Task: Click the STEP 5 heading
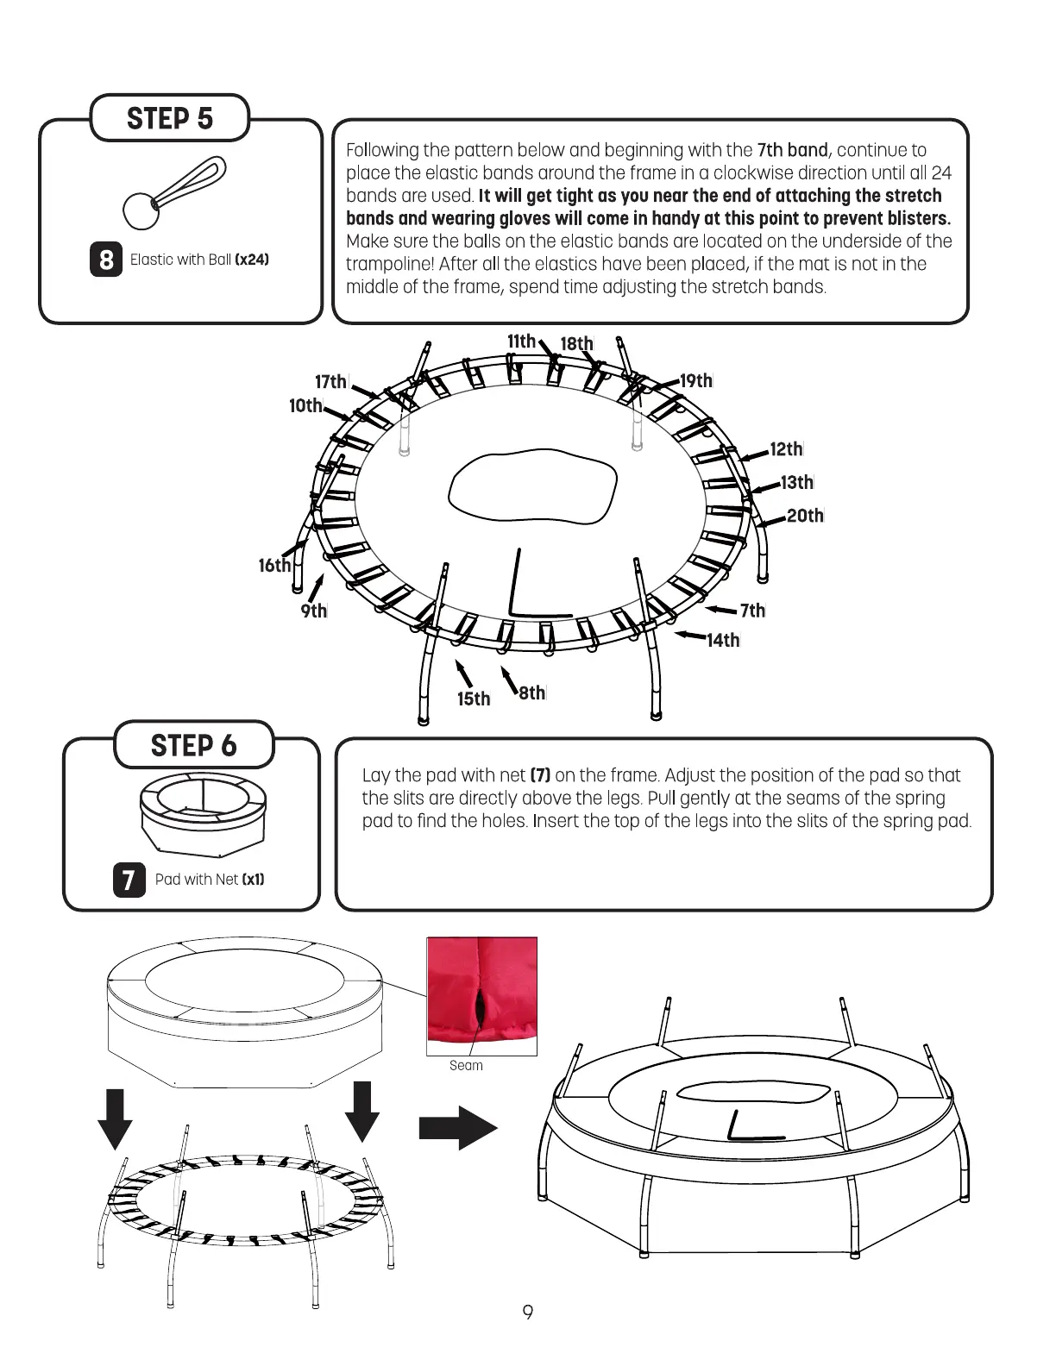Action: [x=170, y=118]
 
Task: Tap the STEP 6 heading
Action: [x=193, y=745]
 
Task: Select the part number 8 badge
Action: [x=106, y=260]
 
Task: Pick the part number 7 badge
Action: [x=129, y=880]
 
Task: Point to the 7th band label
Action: [x=752, y=611]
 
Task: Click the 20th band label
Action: [x=805, y=516]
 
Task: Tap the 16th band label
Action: [x=274, y=566]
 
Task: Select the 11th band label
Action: [x=521, y=341]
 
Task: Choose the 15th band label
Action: [x=474, y=699]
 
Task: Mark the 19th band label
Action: [x=696, y=381]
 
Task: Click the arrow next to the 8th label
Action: [x=508, y=680]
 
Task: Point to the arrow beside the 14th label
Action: [x=690, y=636]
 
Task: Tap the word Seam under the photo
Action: [x=466, y=1066]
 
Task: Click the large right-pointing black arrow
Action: [x=457, y=1128]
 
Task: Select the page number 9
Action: [x=528, y=1313]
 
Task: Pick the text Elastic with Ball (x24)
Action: [x=199, y=260]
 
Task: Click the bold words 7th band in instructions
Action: [x=792, y=151]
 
